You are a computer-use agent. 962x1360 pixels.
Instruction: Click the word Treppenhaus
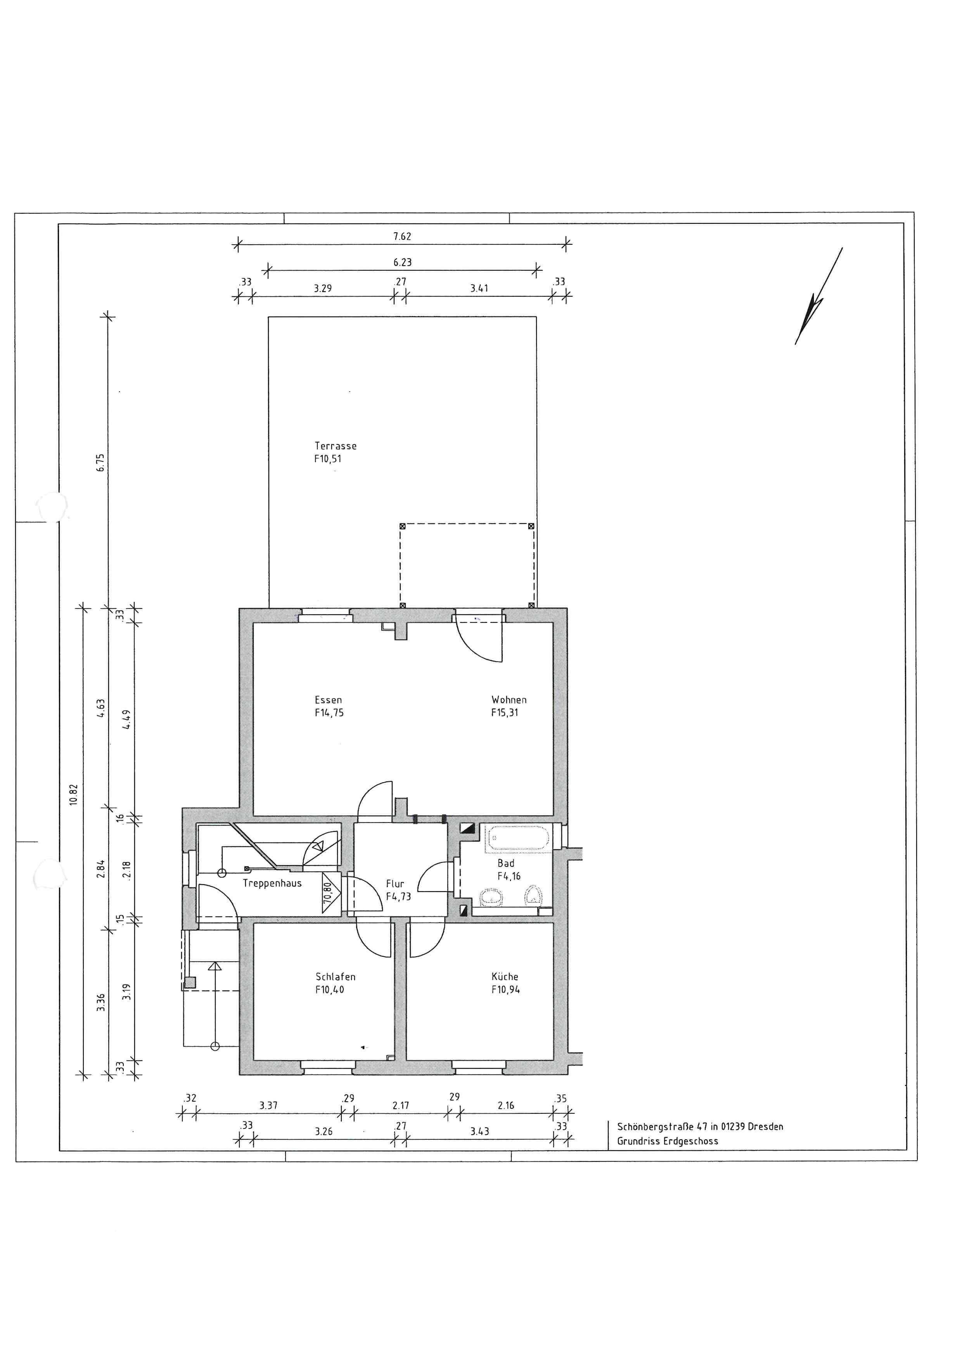coord(272,883)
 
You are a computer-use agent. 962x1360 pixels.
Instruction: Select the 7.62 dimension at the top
coord(402,236)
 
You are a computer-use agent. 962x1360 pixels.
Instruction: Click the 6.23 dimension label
coord(402,262)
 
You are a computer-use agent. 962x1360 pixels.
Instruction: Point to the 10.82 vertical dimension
coord(73,794)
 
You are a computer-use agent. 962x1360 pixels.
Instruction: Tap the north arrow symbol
coord(818,296)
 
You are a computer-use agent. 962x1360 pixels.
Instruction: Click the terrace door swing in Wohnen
coord(479,640)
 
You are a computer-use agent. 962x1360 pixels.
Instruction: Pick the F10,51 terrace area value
coord(327,458)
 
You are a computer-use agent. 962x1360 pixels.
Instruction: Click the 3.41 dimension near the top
coord(479,288)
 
